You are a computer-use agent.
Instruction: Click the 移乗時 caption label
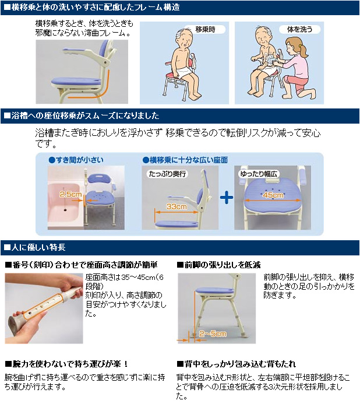[x=205, y=29]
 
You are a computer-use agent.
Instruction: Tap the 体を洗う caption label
[x=299, y=29]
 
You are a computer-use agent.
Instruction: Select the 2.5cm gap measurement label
[x=70, y=194]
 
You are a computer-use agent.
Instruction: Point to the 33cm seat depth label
[x=177, y=206]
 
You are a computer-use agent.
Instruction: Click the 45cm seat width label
[x=273, y=195]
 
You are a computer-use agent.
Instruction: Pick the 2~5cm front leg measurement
[x=213, y=334]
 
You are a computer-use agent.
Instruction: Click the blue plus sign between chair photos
[x=227, y=198]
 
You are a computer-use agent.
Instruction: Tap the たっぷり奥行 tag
[x=168, y=174]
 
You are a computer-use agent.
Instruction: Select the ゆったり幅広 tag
[x=259, y=174]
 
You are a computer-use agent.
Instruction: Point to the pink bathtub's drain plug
[x=65, y=209]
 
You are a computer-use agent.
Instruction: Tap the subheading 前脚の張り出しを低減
[x=218, y=265]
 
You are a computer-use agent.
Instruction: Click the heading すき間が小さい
[x=76, y=160]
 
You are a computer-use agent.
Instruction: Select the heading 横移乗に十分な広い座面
[x=185, y=160]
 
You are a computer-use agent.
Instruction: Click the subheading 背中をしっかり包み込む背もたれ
[x=237, y=364]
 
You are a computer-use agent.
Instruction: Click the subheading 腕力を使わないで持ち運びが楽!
[x=66, y=364]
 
